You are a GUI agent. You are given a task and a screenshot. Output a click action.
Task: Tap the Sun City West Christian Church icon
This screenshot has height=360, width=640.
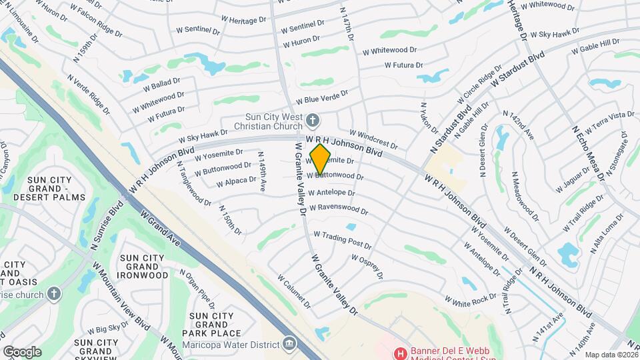click(x=314, y=121)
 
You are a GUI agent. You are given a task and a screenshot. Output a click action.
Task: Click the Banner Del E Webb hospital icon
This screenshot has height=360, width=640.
click(x=401, y=352)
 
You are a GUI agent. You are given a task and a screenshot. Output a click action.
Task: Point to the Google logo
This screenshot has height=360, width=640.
click(x=22, y=352)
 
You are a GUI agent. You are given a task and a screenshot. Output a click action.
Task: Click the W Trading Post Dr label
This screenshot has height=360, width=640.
click(x=343, y=239)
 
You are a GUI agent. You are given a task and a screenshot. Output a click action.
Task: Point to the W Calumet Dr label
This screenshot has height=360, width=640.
click(x=294, y=291)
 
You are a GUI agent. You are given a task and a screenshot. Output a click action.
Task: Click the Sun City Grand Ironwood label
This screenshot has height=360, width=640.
click(x=143, y=266)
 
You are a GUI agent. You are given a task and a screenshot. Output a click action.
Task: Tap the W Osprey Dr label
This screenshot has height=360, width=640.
click(x=367, y=265)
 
